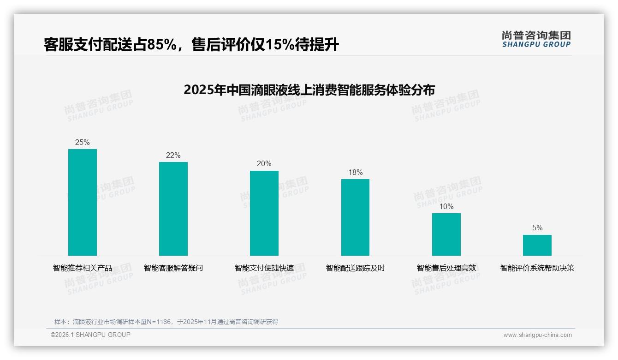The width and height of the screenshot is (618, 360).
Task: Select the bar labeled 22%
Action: (173, 209)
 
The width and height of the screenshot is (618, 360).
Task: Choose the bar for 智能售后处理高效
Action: (446, 234)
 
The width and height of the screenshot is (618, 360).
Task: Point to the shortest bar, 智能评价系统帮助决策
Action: (537, 245)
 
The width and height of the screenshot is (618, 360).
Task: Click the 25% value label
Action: (83, 143)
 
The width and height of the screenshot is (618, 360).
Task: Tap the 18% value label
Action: (355, 173)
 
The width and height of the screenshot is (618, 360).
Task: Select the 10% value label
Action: (446, 207)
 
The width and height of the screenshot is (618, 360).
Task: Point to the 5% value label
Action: (537, 228)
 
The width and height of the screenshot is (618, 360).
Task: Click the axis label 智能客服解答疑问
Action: (173, 268)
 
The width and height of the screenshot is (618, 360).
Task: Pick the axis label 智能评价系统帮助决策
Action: (537, 268)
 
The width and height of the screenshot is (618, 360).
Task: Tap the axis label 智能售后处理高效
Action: (446, 268)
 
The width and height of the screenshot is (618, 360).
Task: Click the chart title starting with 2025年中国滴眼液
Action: (309, 90)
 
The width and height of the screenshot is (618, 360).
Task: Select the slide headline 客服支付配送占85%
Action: (191, 45)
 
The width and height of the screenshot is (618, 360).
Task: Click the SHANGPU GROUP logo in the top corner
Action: (536, 39)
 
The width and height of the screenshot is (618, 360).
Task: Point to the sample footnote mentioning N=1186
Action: (166, 322)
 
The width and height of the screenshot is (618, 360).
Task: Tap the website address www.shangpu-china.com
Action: (537, 335)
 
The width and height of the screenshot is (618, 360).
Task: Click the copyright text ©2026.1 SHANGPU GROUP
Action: (90, 335)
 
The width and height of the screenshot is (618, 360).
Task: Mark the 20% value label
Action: (264, 164)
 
